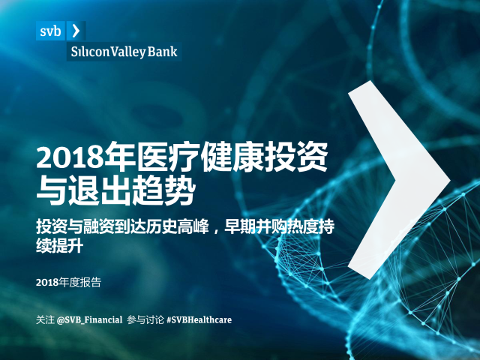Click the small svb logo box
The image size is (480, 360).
click(50, 31)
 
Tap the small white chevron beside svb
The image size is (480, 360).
click(76, 31)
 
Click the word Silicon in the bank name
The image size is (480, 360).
click(90, 52)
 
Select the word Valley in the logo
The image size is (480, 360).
click(127, 52)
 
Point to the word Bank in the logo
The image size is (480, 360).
click(162, 52)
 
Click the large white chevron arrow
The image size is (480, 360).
click(398, 180)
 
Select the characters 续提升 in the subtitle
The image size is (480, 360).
click(60, 246)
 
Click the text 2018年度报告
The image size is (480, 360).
click(68, 282)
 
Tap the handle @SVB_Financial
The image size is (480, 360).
click(90, 320)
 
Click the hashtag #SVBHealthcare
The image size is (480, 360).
click(199, 320)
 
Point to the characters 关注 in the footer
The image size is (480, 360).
click(45, 320)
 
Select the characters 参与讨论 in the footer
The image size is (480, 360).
click(145, 320)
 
